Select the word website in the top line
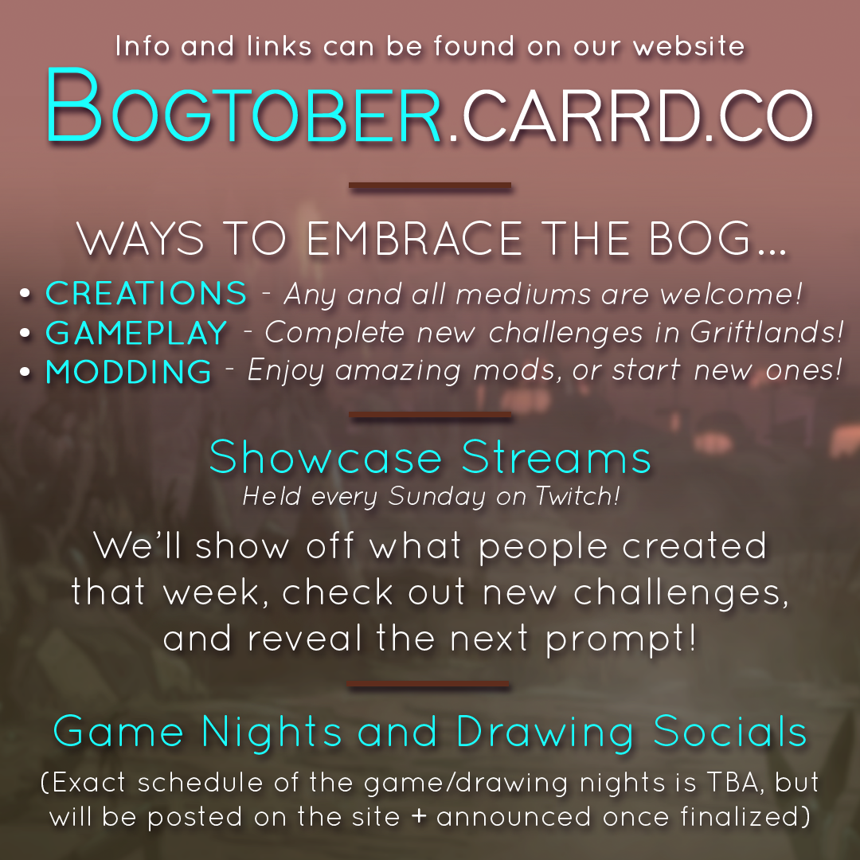[689, 46]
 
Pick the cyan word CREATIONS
[146, 293]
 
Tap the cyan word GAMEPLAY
[137, 332]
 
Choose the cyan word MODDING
[128, 371]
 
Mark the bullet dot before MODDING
[25, 372]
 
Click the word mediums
[523, 294]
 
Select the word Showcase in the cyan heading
[325, 457]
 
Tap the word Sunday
[436, 497]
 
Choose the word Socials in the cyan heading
[730, 732]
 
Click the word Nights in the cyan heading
[272, 733]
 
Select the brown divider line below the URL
[430, 186]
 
